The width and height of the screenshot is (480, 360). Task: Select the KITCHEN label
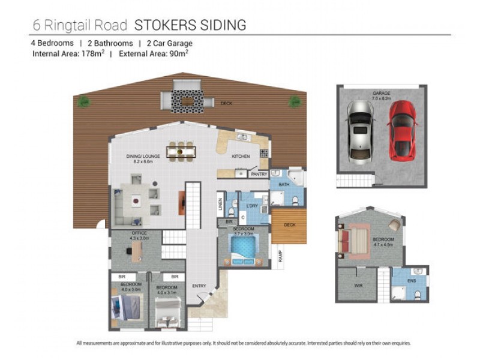[241, 157]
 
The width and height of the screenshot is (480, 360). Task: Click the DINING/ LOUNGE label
[143, 156]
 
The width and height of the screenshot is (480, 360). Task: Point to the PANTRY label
[259, 174]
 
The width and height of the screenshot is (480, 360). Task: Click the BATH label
[284, 185]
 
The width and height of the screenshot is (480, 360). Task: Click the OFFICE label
[139, 233]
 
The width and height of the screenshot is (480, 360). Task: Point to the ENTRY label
[199, 286]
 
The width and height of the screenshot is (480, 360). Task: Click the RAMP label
[280, 256]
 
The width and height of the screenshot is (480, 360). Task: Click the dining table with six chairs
[181, 149]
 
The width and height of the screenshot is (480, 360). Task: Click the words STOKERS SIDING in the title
[190, 25]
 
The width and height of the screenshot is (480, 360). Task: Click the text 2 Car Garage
[166, 43]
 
